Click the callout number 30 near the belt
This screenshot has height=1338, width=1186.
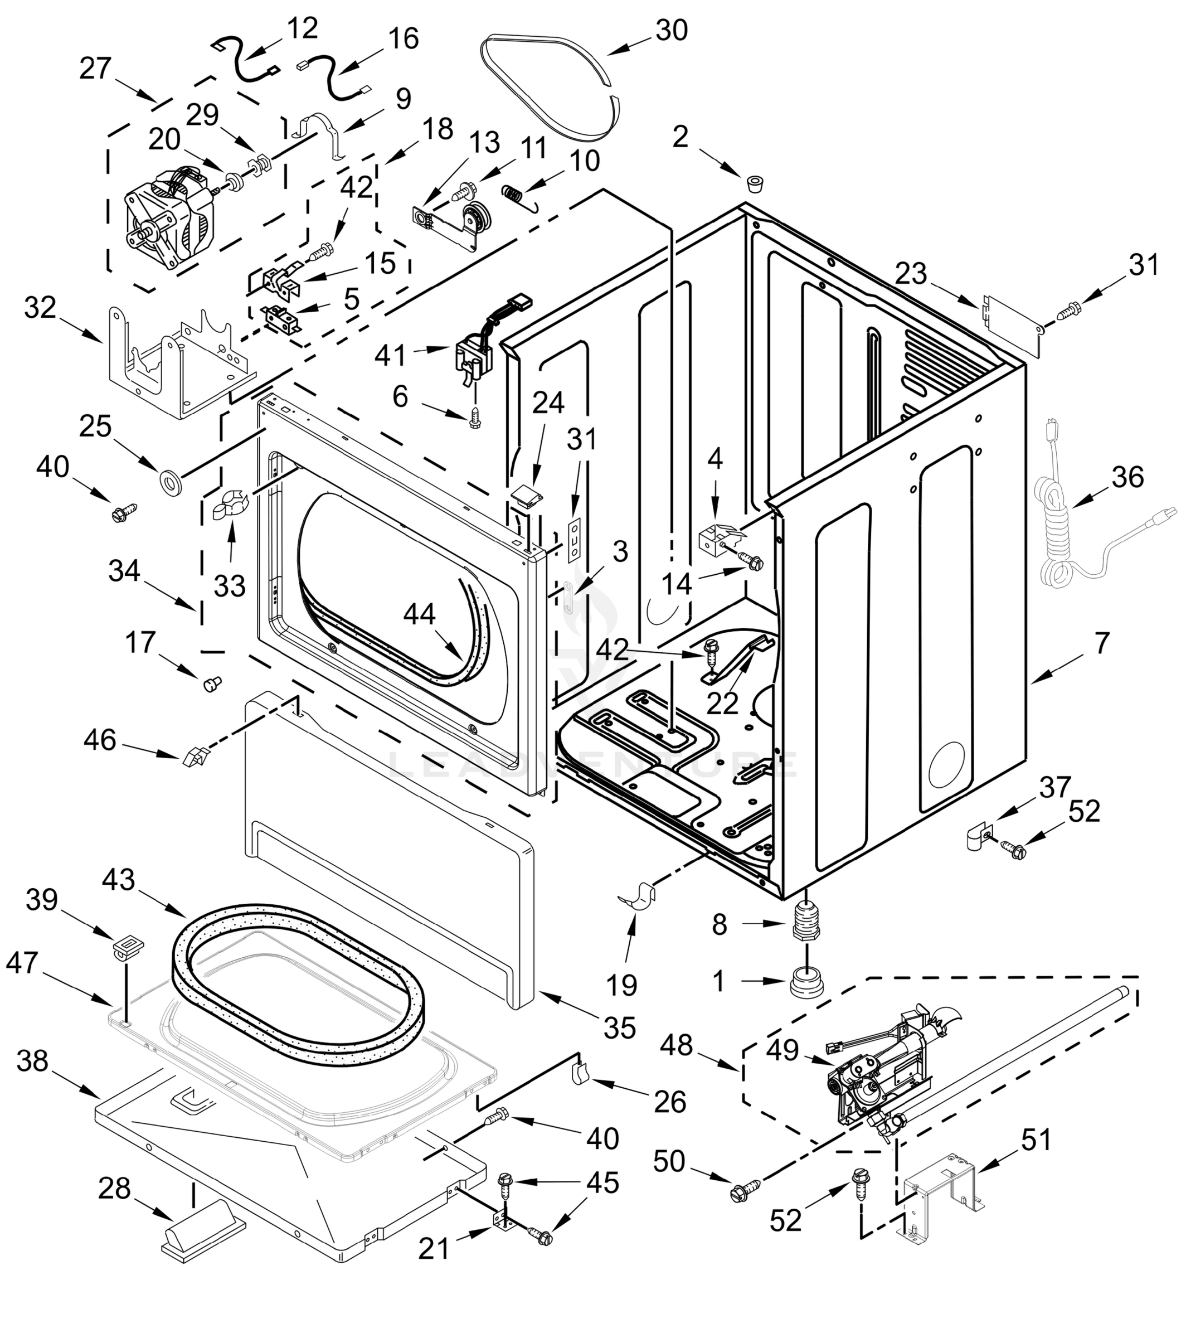pyautogui.click(x=671, y=30)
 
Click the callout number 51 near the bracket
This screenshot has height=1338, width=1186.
pyautogui.click(x=1036, y=1140)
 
